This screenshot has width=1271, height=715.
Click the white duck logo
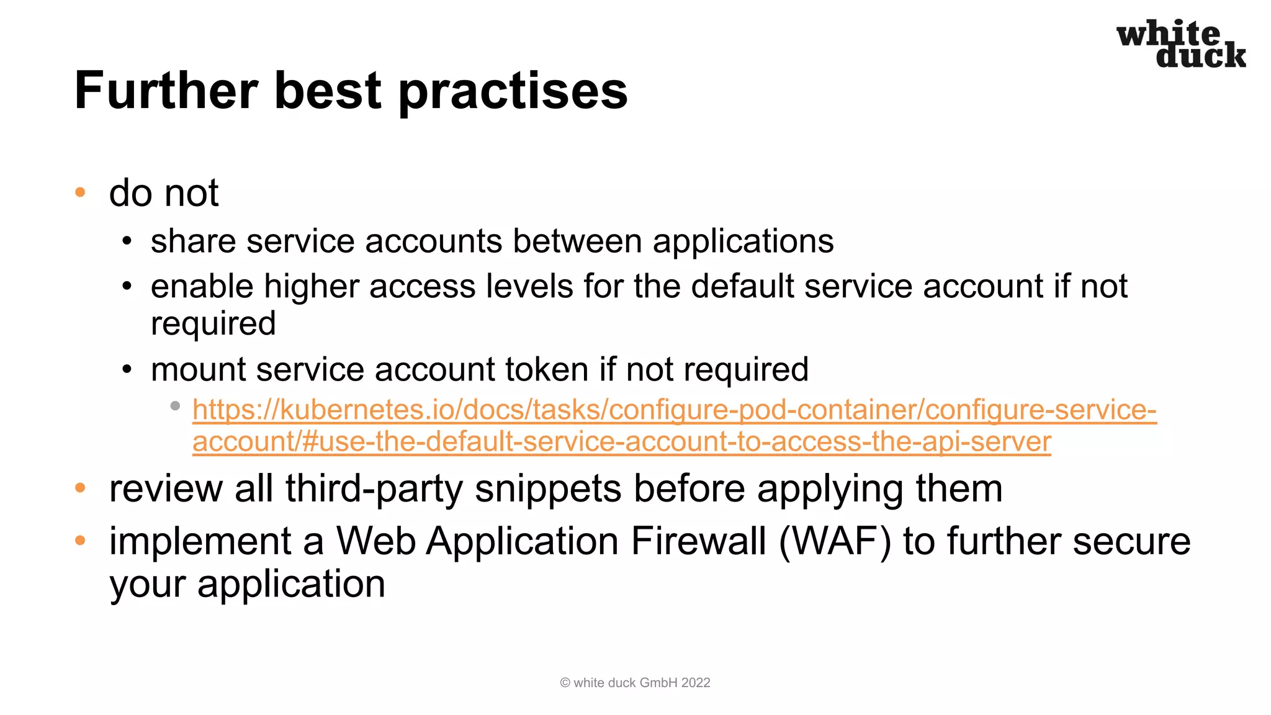point(1180,43)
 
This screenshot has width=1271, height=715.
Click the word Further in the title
point(166,91)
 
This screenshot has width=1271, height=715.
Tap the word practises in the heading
point(513,92)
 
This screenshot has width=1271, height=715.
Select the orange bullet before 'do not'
point(80,192)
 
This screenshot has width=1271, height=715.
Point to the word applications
point(743,242)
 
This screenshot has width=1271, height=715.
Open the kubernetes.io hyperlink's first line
point(674,410)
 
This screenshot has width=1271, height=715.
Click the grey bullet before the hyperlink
point(175,406)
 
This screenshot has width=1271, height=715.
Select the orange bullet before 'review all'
point(80,488)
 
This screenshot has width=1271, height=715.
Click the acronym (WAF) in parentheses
point(834,541)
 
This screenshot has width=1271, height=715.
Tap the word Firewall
point(698,541)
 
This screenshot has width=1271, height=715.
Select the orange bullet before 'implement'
point(80,541)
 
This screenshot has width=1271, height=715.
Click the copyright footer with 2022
point(635,683)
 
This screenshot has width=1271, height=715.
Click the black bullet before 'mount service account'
point(127,370)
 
